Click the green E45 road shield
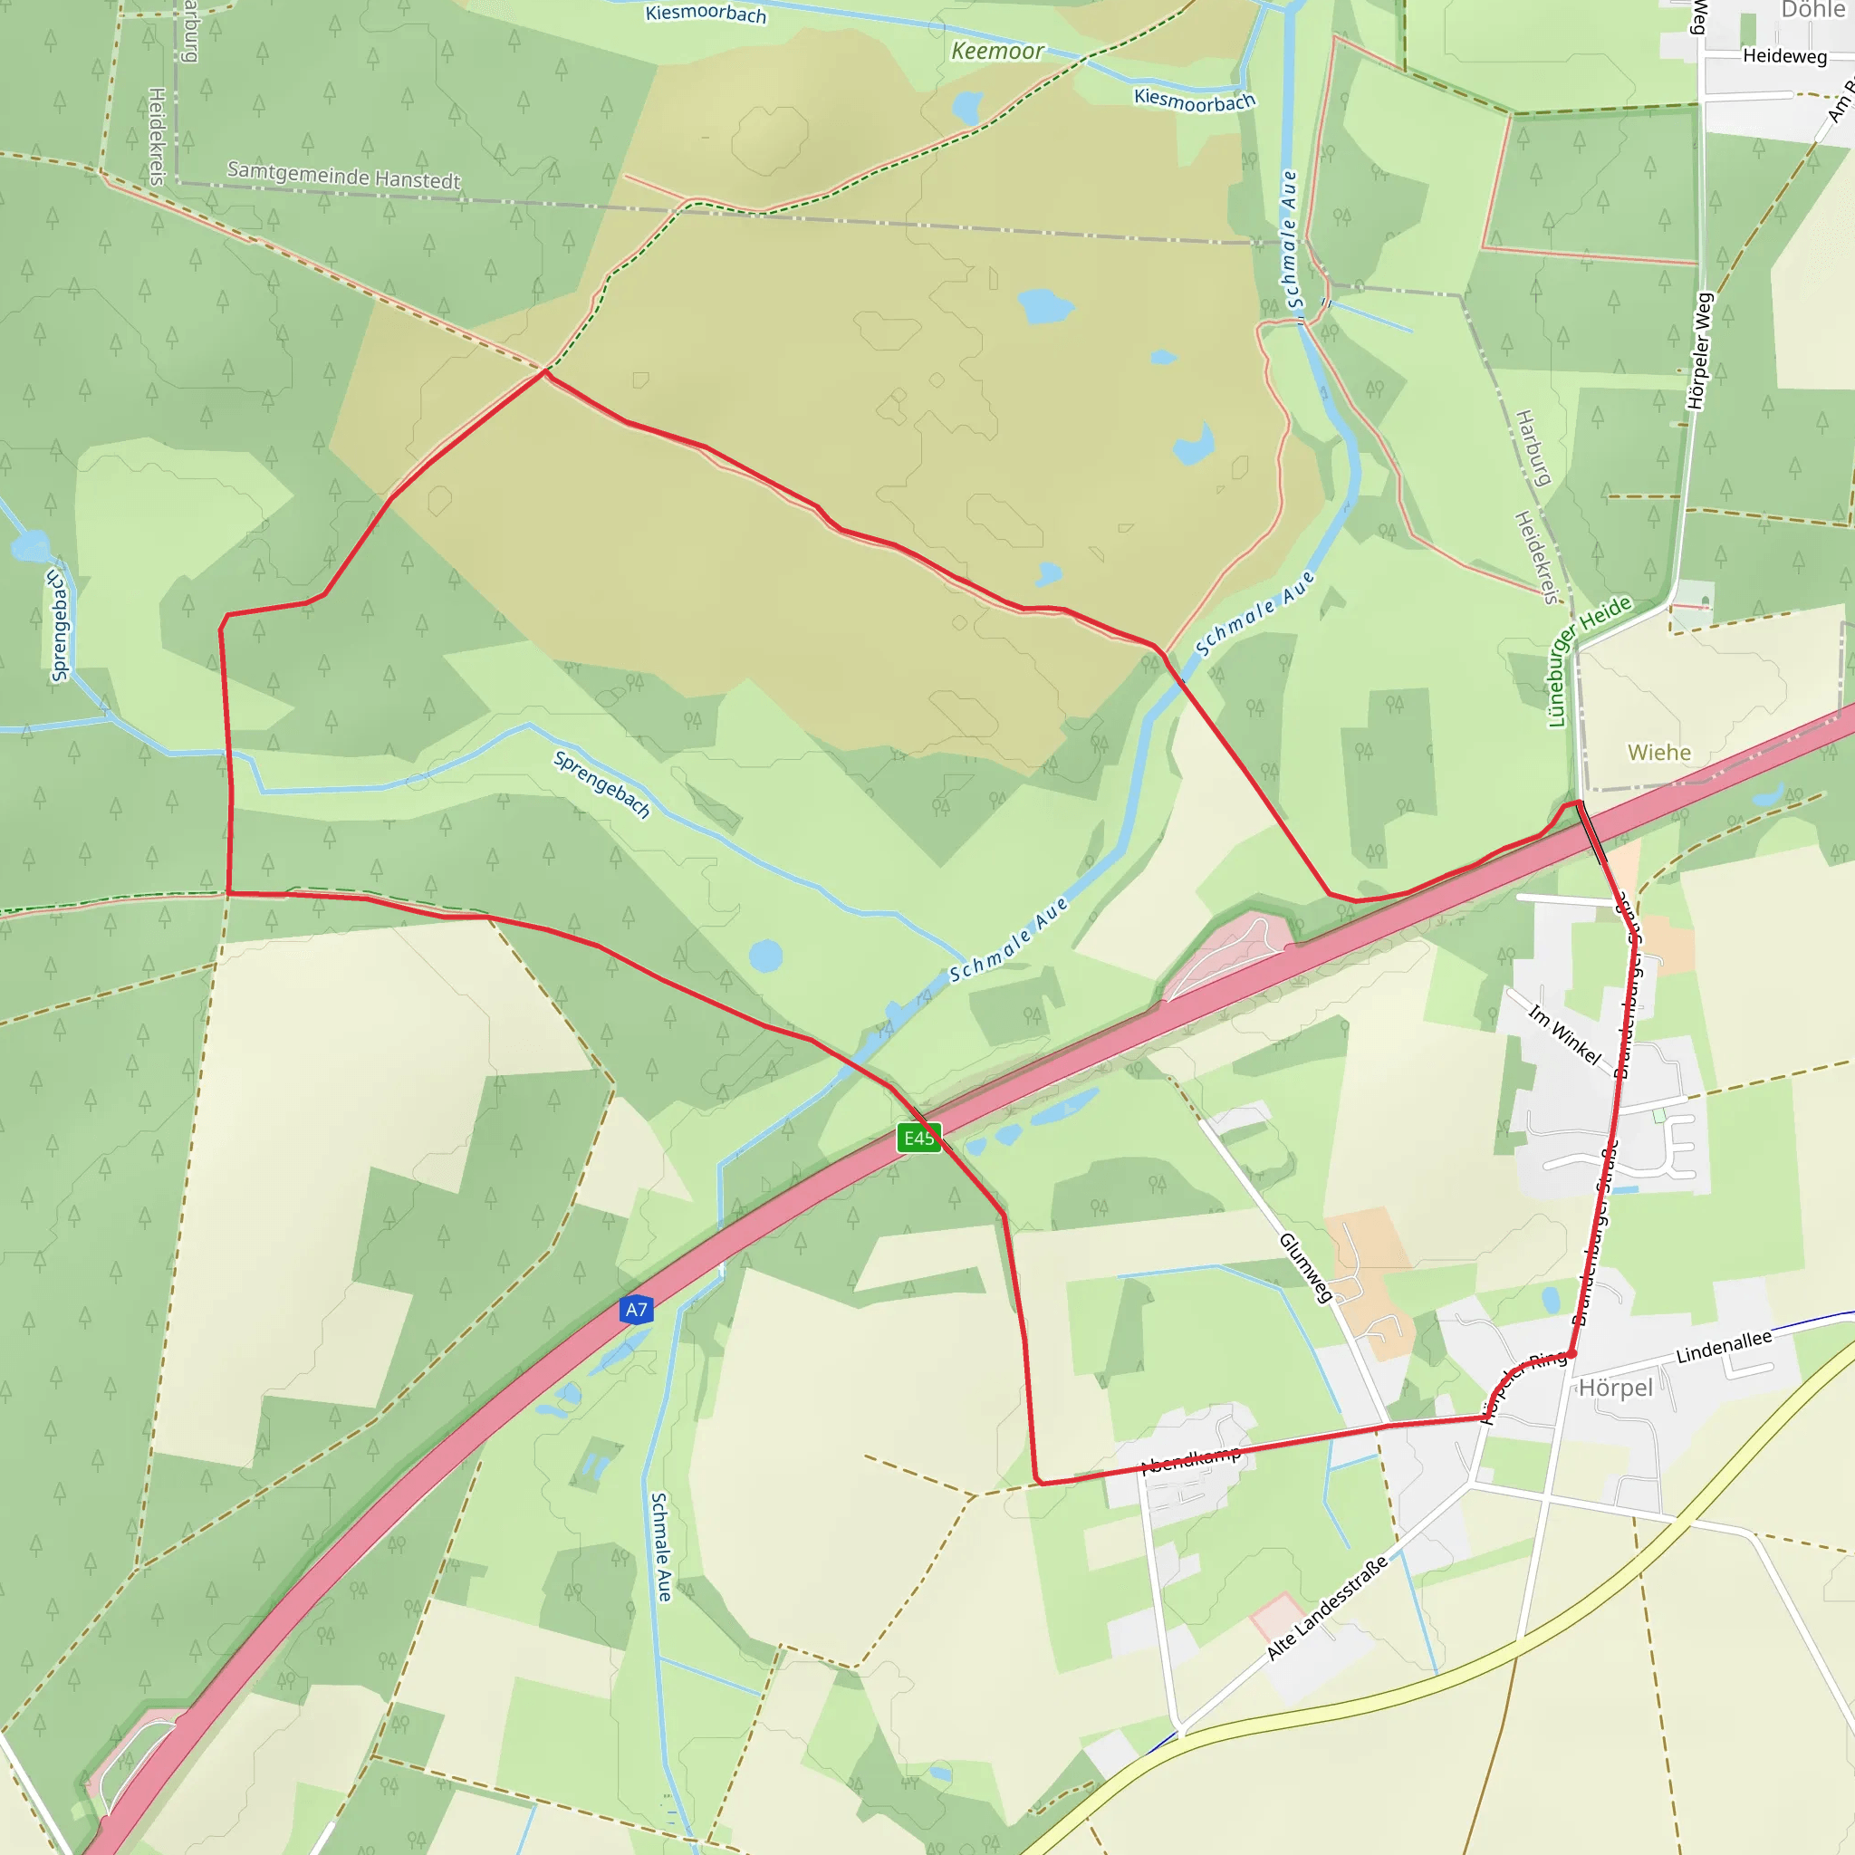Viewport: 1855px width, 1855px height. tap(918, 1138)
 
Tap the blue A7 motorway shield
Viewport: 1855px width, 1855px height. tap(637, 1310)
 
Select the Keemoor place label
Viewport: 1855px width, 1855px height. tap(996, 51)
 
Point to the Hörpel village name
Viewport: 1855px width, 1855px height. tap(1616, 1388)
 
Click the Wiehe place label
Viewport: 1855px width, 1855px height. tap(1659, 753)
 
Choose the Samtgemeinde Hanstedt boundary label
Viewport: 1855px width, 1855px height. tap(343, 175)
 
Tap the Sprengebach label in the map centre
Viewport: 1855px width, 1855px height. tap(602, 785)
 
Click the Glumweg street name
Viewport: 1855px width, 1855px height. tap(1306, 1268)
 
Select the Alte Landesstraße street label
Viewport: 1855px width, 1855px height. tap(1327, 1608)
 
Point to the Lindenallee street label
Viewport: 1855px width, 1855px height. tap(1724, 1347)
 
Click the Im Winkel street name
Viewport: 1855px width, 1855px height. tap(1564, 1035)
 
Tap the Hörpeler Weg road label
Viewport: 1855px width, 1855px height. tap(1699, 351)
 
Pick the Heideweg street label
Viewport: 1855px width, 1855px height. tap(1785, 55)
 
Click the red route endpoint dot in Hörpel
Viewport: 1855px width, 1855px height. tap(1571, 1354)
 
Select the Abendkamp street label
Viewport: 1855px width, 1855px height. tap(1190, 1459)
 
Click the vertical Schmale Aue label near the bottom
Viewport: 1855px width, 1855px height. tap(661, 1546)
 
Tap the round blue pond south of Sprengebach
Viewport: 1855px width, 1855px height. tap(765, 956)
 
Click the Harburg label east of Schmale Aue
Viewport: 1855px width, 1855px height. tap(1533, 447)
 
